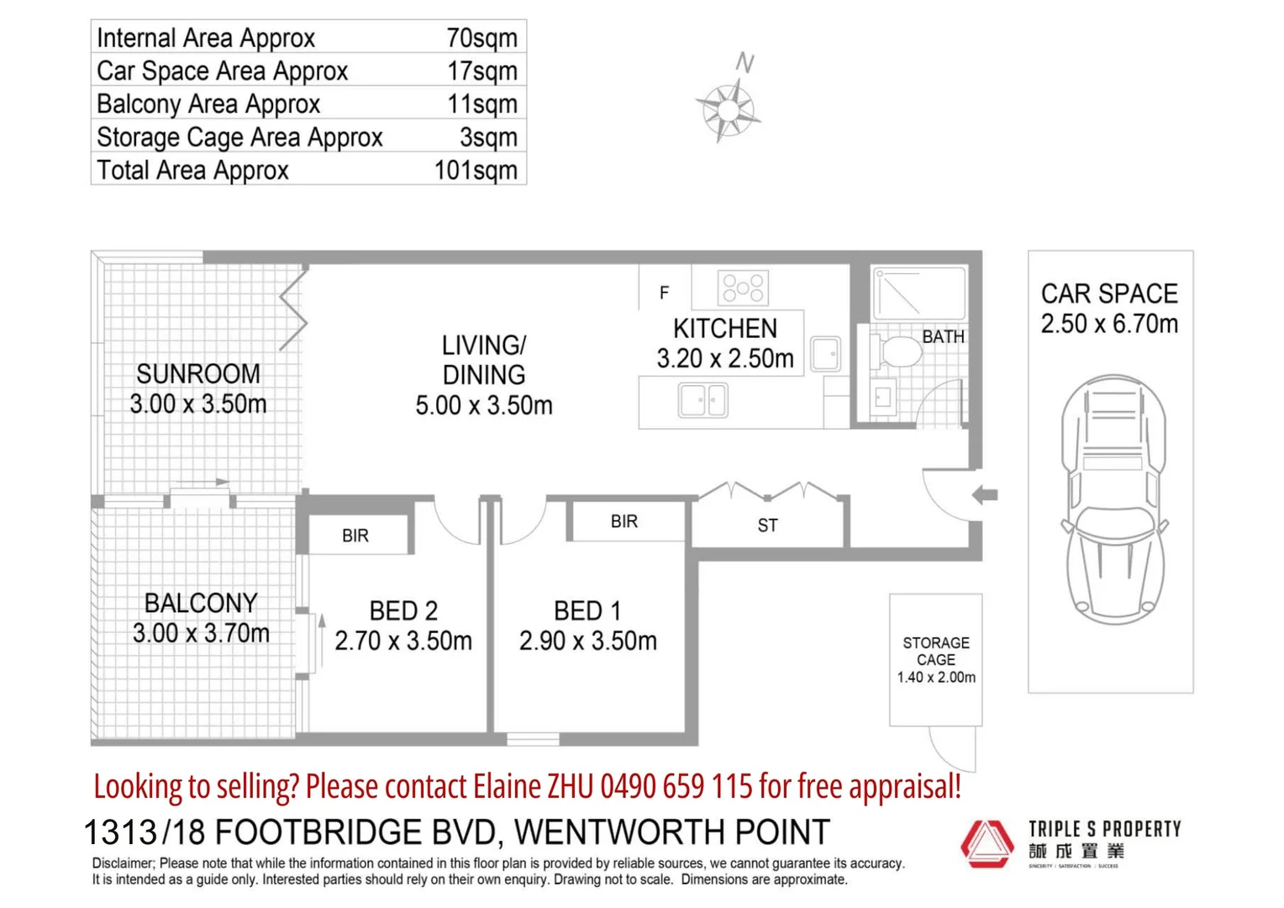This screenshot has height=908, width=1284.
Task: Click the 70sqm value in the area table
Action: click(481, 38)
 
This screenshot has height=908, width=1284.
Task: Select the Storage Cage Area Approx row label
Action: click(239, 137)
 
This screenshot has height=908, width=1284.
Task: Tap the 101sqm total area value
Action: click(476, 170)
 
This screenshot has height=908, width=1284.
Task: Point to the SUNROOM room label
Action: click(198, 373)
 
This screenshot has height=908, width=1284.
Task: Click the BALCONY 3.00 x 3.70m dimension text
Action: click(201, 633)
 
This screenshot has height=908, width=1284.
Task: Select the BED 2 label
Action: click(403, 610)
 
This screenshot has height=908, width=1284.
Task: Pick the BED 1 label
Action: click(587, 610)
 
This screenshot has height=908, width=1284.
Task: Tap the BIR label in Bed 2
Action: click(355, 536)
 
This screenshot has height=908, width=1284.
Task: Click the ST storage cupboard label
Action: click(767, 525)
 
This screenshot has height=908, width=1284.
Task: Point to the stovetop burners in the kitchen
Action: click(743, 288)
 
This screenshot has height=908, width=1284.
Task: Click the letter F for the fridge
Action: click(664, 293)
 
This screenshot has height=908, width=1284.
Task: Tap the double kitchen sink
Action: click(703, 400)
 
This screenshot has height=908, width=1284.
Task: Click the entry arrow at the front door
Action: click(985, 494)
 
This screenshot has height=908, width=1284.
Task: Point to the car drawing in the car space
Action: click(1113, 500)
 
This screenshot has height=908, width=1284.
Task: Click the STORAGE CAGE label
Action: click(936, 651)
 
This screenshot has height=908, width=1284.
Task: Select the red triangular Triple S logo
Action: click(987, 843)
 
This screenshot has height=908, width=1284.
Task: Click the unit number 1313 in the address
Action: click(120, 832)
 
